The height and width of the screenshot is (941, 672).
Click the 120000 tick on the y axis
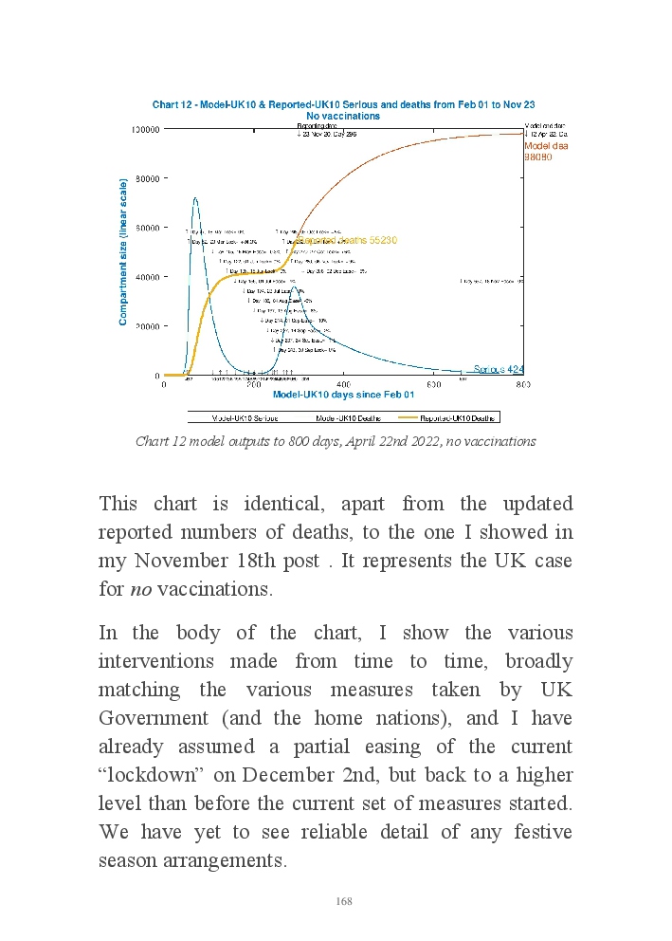(145, 128)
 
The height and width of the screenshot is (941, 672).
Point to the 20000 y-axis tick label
(145, 325)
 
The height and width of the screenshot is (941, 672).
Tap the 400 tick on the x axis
(343, 384)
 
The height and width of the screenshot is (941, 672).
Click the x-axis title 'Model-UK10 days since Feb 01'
(343, 395)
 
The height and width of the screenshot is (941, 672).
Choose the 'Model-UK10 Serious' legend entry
(238, 416)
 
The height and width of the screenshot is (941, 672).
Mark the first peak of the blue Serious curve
(195, 198)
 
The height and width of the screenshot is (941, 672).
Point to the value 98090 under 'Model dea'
(538, 157)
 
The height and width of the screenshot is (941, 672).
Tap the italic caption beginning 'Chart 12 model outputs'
(336, 441)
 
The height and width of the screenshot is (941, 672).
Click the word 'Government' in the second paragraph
(147, 718)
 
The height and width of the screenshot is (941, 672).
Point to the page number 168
(344, 901)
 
